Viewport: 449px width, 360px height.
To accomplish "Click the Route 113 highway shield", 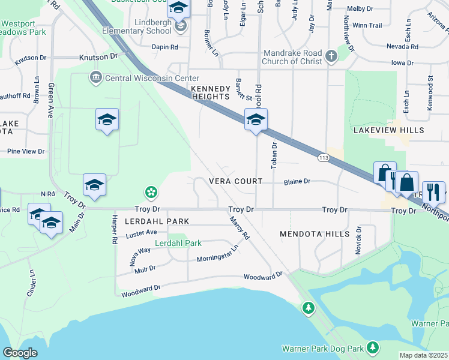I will tap(324, 157).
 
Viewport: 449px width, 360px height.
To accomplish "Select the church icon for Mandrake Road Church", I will tap(331, 58).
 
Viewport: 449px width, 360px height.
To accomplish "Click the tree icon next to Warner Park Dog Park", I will tap(373, 347).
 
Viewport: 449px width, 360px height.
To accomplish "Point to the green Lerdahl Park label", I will tap(178, 243).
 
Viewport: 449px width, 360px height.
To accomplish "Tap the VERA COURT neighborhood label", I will tap(235, 181).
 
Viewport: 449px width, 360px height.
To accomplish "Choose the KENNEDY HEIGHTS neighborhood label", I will tap(211, 92).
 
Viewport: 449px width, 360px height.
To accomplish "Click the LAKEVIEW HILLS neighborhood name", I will tap(388, 130).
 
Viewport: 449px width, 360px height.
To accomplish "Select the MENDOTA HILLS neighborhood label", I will tap(315, 233).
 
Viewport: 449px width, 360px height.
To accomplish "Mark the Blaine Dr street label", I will tap(297, 181).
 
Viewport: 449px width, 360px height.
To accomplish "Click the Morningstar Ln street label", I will tap(217, 253).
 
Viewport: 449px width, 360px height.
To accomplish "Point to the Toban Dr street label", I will tap(274, 155).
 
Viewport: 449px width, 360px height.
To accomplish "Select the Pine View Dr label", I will tap(26, 152).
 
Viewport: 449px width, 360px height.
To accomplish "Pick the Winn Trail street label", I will tap(367, 25).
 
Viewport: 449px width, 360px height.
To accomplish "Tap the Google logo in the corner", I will tap(20, 353).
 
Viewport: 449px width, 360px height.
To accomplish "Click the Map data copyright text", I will tap(424, 355).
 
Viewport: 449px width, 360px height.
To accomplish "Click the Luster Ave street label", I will tap(140, 232).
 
